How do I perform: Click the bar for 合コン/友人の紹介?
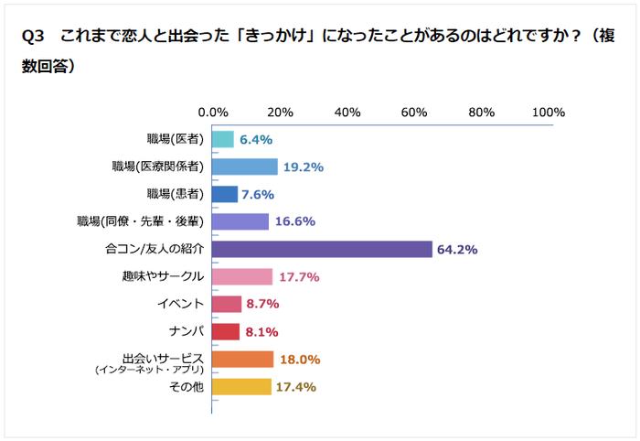click(322, 249)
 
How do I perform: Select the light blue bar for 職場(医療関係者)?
click(245, 167)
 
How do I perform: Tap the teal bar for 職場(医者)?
click(223, 139)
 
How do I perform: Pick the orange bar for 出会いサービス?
click(242, 359)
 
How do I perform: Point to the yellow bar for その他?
click(241, 386)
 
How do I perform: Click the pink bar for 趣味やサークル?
click(242, 276)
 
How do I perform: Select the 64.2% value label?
click(458, 249)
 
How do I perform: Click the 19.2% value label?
click(304, 167)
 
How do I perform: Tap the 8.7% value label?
click(262, 304)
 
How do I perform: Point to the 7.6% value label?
click(258, 194)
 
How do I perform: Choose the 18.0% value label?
click(300, 359)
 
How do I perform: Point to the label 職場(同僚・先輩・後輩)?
click(141, 221)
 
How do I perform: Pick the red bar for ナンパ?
click(226, 331)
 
